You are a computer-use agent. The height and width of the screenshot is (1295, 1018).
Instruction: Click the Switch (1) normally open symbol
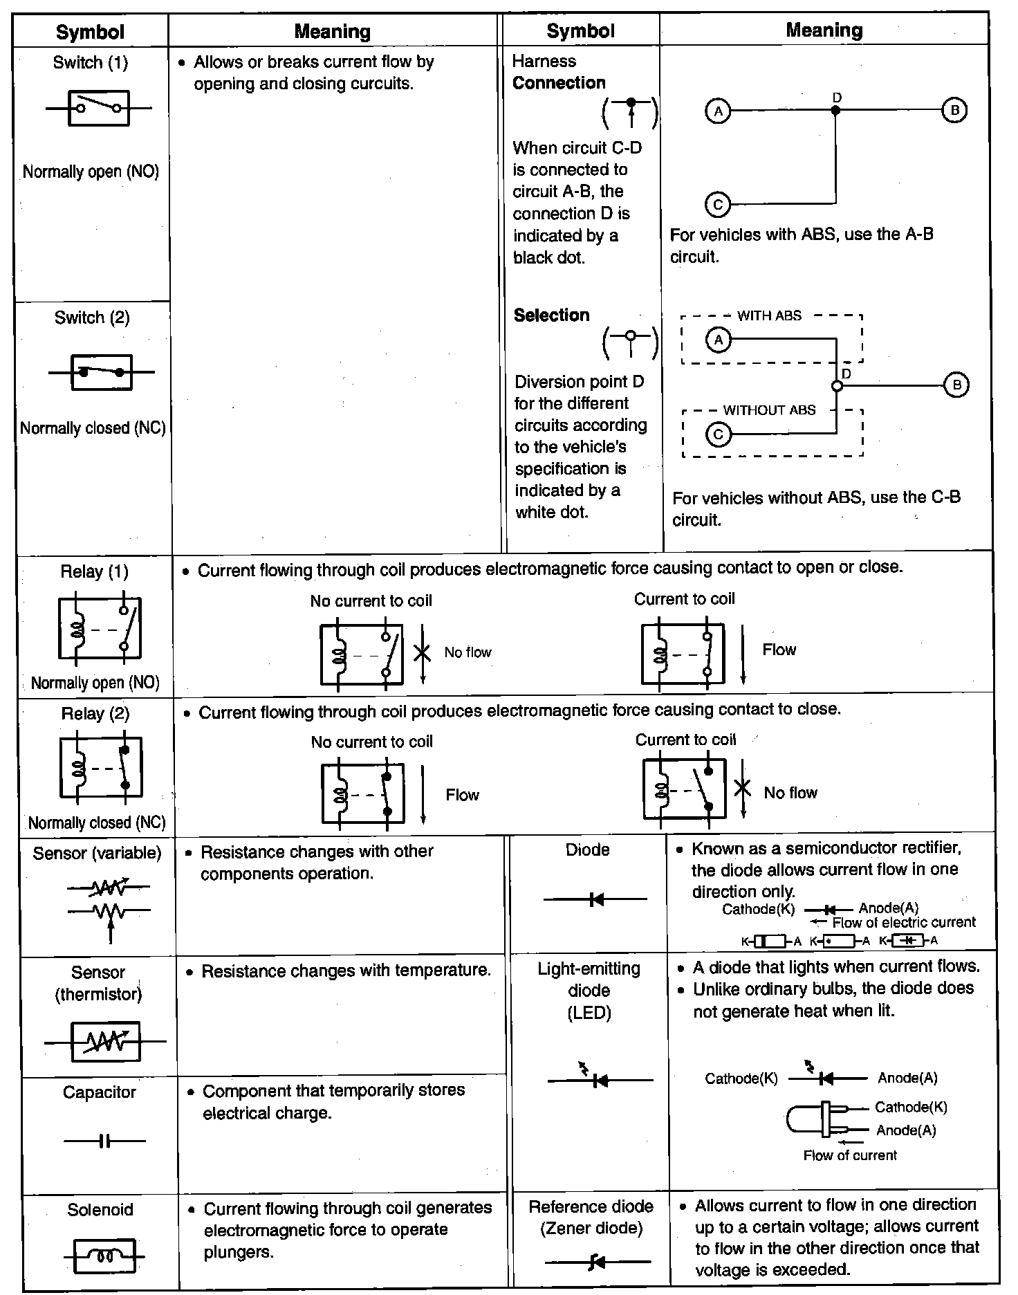click(x=98, y=108)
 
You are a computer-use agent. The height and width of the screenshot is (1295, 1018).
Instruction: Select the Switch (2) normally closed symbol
click(x=101, y=372)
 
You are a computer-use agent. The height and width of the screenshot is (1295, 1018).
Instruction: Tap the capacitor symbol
click(x=104, y=1141)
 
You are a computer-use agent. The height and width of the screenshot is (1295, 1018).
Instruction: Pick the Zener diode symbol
click(x=597, y=1262)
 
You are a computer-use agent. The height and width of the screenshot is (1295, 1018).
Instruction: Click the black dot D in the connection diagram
click(x=835, y=110)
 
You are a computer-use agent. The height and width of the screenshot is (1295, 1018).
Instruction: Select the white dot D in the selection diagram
click(x=837, y=385)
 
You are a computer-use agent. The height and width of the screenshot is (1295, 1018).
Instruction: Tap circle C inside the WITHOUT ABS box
click(x=718, y=434)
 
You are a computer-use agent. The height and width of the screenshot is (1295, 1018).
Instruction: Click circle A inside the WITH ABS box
click(x=719, y=340)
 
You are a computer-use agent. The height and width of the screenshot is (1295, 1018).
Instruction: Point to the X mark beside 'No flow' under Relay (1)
click(x=422, y=652)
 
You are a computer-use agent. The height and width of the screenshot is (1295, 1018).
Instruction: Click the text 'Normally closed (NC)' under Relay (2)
click(x=97, y=823)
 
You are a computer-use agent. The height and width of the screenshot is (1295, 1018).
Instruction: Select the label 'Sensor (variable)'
click(x=97, y=853)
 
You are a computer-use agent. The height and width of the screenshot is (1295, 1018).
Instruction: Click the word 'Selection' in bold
click(x=551, y=315)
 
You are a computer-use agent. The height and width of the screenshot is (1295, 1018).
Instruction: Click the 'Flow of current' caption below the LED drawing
click(x=849, y=1155)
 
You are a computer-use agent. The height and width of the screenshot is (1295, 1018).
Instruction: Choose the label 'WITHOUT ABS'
click(x=769, y=410)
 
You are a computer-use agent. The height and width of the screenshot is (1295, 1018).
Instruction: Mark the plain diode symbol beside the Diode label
click(x=595, y=899)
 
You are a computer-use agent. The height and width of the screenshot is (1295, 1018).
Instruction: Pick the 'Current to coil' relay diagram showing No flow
click(x=685, y=789)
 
